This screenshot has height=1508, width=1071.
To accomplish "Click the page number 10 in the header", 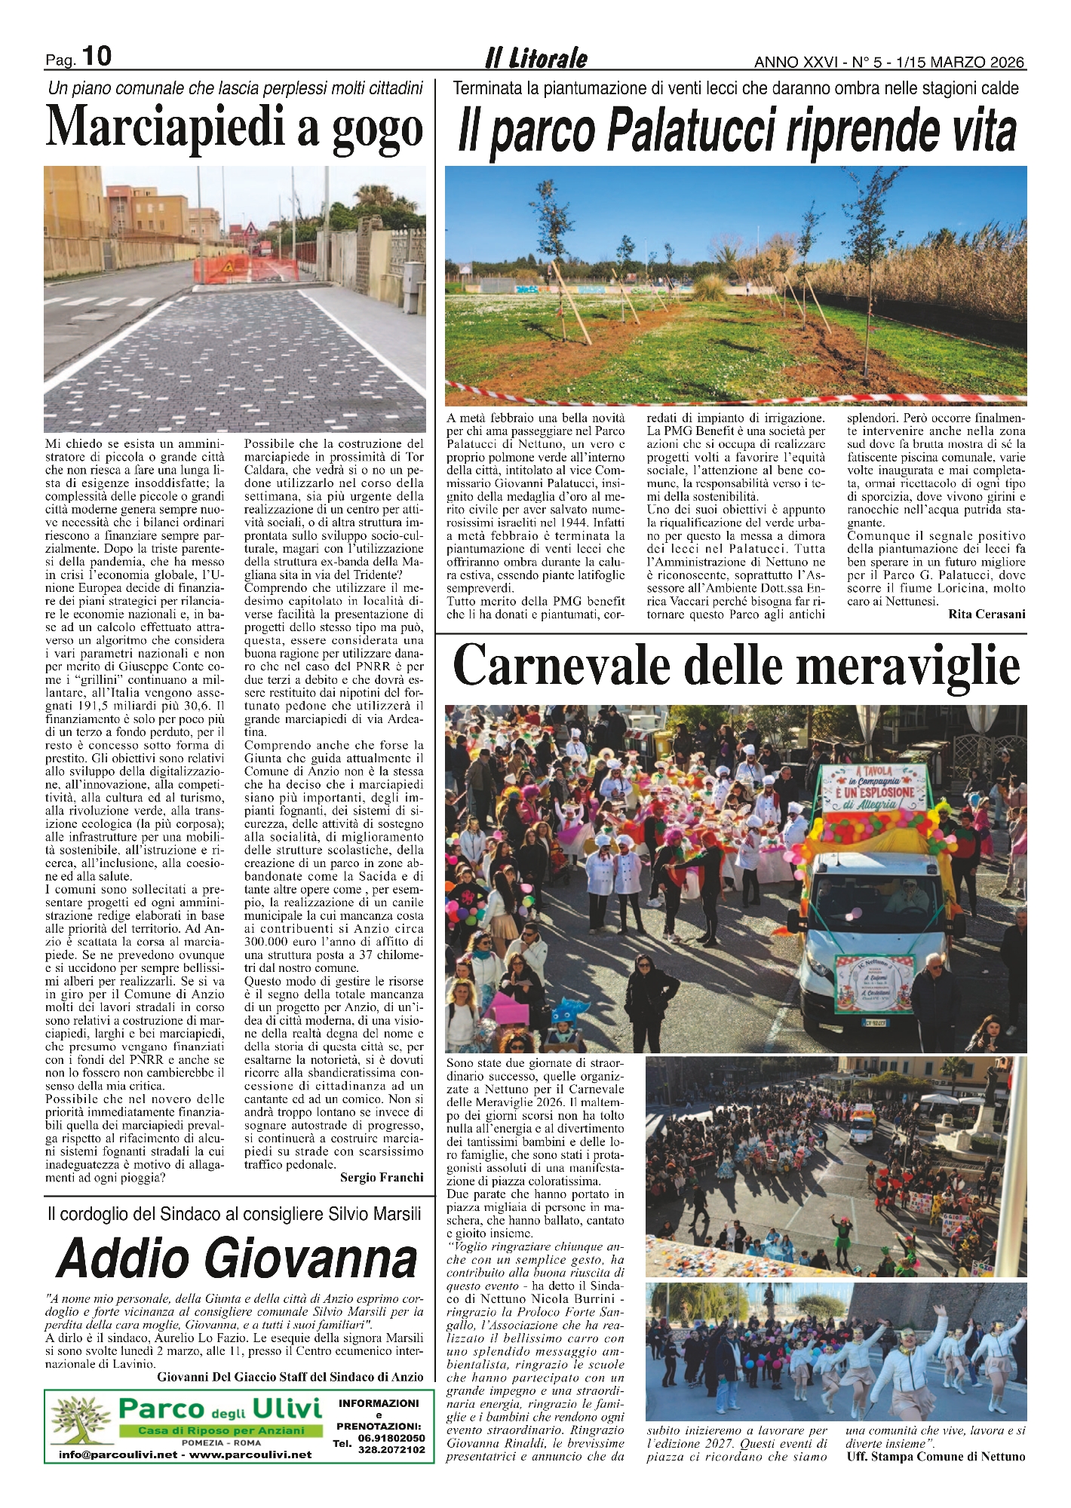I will (96, 56).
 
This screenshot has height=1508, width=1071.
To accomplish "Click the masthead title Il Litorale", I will (535, 59).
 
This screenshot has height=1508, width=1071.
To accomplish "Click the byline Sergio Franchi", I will (382, 1177).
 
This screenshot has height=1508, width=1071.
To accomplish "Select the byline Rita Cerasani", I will (987, 615).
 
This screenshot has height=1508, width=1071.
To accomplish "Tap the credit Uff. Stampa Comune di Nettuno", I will (935, 1456).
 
